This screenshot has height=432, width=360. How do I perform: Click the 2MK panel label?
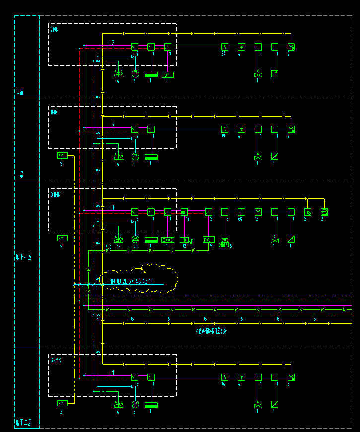(x=55, y=30)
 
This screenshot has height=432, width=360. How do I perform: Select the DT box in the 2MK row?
(x=167, y=75)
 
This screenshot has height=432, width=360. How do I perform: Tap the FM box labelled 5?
(x=62, y=238)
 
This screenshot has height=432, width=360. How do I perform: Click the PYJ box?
(x=208, y=240)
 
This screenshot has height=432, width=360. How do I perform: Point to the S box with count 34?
(x=224, y=47)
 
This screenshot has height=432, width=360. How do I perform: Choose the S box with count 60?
(x=241, y=212)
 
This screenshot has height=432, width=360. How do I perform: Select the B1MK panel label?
(x=55, y=195)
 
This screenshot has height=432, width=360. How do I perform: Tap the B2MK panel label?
(x=55, y=360)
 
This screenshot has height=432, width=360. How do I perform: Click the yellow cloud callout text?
(x=132, y=281)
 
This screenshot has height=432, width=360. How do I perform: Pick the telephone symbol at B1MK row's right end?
(x=324, y=212)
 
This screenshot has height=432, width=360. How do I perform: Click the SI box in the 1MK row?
(x=134, y=129)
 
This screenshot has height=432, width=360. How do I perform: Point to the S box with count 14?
(x=224, y=377)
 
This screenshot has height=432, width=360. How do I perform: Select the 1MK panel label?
(x=54, y=113)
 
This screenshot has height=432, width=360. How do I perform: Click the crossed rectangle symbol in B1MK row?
(x=167, y=240)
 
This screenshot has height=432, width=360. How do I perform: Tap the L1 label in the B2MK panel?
(x=112, y=372)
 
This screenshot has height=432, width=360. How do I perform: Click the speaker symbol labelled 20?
(x=134, y=239)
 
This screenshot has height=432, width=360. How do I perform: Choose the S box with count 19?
(x=224, y=129)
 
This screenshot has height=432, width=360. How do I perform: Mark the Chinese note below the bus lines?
(x=211, y=331)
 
